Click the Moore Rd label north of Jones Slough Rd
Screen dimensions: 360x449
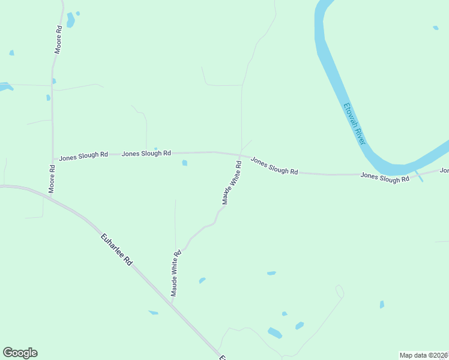tap(58, 40)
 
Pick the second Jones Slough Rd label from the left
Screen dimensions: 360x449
tap(146, 154)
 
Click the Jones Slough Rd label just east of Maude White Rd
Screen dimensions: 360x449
tap(274, 166)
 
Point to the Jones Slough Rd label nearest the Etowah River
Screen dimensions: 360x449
tap(385, 178)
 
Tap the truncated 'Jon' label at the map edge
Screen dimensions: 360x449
tap(444, 170)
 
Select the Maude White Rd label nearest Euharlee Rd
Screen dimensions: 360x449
tap(175, 274)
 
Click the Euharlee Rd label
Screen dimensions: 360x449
tap(116, 251)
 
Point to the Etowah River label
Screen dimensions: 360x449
tap(354, 124)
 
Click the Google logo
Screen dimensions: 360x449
tap(20, 353)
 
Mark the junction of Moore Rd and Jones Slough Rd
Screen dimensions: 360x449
tap(53, 160)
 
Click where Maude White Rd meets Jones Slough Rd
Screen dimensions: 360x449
tap(240, 154)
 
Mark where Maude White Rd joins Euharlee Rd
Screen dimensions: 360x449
tap(171, 304)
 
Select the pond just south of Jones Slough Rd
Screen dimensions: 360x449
tap(184, 163)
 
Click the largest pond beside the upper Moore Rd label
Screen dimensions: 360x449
tap(71, 20)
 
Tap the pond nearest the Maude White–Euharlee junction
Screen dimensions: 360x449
tap(153, 312)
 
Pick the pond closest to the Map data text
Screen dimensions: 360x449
tap(381, 305)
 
